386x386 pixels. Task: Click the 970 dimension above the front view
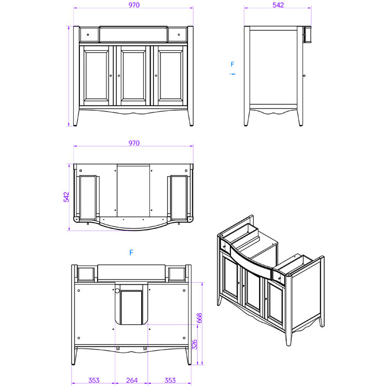134,5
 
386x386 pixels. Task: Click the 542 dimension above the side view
278,5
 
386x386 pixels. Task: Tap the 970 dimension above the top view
134,143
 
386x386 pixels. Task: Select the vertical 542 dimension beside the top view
67,197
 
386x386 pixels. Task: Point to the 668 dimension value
199,318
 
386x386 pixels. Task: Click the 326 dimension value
195,344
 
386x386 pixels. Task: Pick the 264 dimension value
132,380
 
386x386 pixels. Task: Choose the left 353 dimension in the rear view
94,380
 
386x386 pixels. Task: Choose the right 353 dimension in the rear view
170,380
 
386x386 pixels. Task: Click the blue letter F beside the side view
232,65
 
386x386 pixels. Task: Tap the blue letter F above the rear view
131,253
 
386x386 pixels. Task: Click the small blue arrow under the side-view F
232,74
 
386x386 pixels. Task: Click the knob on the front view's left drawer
88,35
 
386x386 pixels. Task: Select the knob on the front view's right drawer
179,35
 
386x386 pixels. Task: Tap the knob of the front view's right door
156,76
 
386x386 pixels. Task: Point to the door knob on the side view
304,76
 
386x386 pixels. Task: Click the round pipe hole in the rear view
117,291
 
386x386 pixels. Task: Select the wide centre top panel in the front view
133,34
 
